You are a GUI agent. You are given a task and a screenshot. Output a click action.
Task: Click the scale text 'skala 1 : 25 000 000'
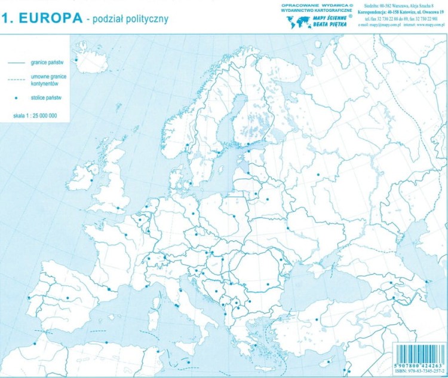pyautogui.click(x=35, y=115)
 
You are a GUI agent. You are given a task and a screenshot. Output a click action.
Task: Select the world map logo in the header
pyautogui.click(x=298, y=22)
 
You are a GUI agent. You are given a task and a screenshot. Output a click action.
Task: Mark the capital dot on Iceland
pyautogui.click(x=76, y=59)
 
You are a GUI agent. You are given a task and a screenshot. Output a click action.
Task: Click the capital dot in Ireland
pyautogui.click(x=92, y=181)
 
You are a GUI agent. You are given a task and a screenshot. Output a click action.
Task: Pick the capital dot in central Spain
pyautogui.click(x=67, y=298)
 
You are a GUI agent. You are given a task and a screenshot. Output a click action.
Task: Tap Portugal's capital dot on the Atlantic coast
pyautogui.click(x=28, y=298)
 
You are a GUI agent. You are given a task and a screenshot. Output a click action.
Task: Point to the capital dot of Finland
pyautogui.click(x=247, y=144)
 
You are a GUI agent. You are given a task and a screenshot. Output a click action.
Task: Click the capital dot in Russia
pyautogui.click(x=318, y=174)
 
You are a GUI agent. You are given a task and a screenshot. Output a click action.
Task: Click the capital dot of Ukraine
pyautogui.click(x=287, y=228)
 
